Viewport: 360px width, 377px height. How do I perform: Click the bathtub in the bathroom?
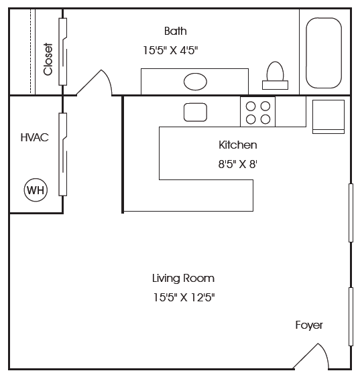[x=324, y=53]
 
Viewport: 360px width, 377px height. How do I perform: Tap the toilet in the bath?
[x=275, y=76]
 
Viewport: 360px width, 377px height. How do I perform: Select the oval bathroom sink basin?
[x=195, y=82]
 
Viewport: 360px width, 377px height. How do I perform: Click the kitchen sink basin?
[x=195, y=112]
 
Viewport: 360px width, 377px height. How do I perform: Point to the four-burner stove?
[x=257, y=112]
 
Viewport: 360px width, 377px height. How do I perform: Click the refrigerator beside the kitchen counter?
[x=328, y=117]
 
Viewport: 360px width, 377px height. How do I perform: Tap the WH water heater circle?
[x=36, y=190]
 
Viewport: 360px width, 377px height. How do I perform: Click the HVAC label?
[x=35, y=137]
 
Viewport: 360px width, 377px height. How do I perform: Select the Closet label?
[x=48, y=59]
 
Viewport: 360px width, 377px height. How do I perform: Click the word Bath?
[x=176, y=31]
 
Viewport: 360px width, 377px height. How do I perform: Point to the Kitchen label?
[x=238, y=145]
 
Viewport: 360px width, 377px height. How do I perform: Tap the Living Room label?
[x=184, y=278]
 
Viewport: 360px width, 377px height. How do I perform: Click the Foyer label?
[x=309, y=325]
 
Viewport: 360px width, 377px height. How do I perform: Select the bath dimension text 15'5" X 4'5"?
[x=170, y=50]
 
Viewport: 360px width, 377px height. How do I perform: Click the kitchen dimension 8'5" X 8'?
[x=238, y=165]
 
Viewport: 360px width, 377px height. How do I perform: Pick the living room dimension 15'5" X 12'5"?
[x=184, y=297]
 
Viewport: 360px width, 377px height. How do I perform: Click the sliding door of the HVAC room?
[x=63, y=155]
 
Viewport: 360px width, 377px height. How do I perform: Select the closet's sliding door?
[x=63, y=52]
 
